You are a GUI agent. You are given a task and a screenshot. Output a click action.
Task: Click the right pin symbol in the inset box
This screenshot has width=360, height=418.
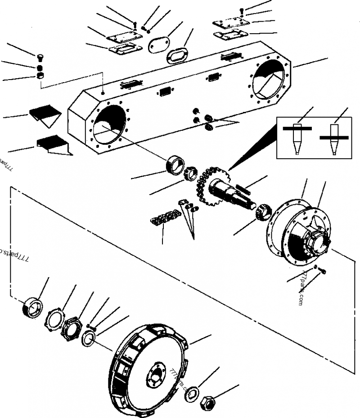pos(333,138)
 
